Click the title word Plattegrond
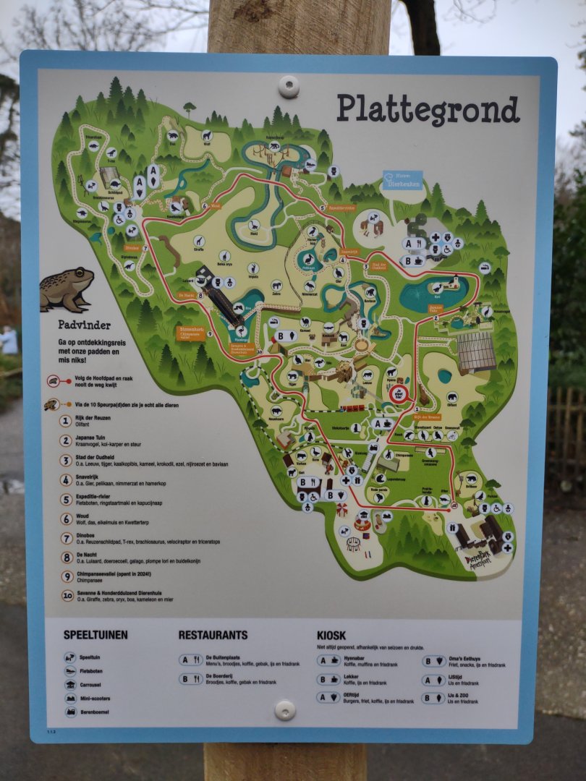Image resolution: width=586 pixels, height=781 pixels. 428,109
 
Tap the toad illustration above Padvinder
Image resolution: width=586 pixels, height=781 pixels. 67,289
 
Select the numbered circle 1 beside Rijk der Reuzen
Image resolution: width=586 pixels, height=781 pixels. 66,421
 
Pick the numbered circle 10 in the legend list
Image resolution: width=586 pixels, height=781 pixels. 67,595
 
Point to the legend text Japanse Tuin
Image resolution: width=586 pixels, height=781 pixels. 96,437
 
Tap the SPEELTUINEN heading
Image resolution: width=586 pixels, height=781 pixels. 95,635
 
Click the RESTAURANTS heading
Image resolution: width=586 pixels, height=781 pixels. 213,635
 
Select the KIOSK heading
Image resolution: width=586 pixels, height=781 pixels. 331,635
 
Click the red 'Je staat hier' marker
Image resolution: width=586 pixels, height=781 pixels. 398,394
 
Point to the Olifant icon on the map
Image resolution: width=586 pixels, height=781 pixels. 451,396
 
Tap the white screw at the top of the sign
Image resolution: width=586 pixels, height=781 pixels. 289,87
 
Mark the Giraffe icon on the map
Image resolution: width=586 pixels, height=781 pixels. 198,242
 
